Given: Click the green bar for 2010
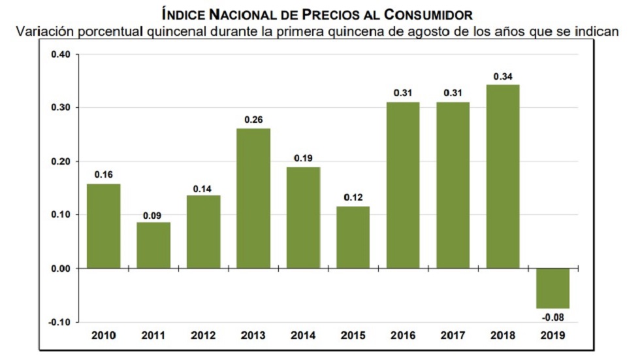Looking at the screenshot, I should [x=104, y=226].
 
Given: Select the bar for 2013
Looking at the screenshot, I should [x=253, y=198].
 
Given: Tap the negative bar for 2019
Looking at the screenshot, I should [x=552, y=288].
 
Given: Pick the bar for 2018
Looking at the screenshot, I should [x=502, y=176].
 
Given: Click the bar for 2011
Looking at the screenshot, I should [x=153, y=245].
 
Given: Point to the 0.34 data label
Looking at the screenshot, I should [x=502, y=76].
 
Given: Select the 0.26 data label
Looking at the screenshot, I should [x=253, y=120].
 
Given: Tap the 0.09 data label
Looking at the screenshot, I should [x=153, y=214].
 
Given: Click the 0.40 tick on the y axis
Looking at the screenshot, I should [x=60, y=54].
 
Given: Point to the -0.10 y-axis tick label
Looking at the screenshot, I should [x=59, y=322].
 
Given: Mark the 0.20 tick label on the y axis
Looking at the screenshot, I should [x=60, y=161].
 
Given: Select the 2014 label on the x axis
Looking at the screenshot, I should [x=303, y=336].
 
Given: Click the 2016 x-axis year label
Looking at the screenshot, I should [x=403, y=336].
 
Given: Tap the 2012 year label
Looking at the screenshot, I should [x=203, y=336].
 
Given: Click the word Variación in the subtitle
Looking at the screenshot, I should [x=44, y=31].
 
